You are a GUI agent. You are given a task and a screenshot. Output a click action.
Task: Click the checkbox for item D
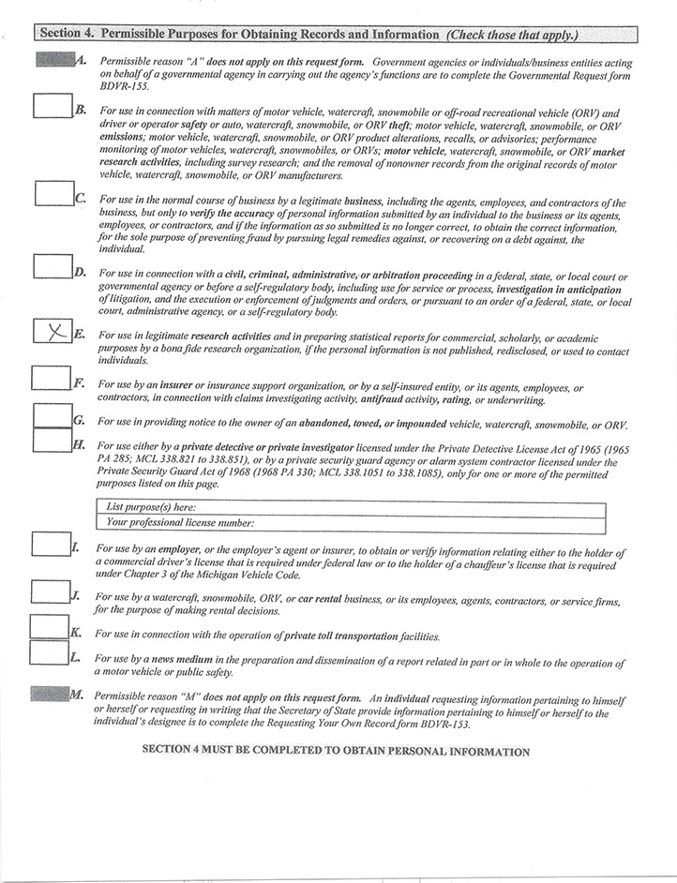53,265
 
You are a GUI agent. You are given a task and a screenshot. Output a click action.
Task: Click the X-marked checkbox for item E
53,331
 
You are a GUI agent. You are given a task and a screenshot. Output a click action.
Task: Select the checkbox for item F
52,379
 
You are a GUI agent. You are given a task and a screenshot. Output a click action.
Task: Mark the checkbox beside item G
52,415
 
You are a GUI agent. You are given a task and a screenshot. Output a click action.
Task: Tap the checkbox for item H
52,441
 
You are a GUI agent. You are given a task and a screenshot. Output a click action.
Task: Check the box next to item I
49,544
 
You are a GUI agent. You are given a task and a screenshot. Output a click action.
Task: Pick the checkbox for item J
49,591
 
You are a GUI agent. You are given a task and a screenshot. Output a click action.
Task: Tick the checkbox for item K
49,627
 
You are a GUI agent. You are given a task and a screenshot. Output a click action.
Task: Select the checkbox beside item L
49,653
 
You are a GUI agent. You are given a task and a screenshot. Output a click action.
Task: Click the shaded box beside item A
53,60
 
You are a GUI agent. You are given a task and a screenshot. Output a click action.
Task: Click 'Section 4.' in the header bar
65,35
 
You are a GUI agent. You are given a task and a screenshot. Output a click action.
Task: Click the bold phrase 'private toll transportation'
341,636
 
